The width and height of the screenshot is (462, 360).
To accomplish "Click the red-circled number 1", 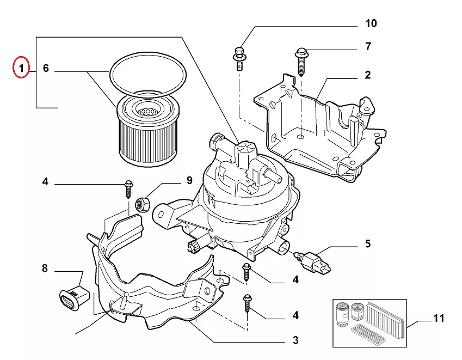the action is (21, 68).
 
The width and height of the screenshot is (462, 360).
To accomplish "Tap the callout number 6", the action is (46, 68).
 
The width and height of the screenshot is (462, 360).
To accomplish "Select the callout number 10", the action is (371, 23).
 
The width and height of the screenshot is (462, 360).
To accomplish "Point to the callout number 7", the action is (368, 46).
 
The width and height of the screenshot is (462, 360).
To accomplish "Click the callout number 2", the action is (368, 75).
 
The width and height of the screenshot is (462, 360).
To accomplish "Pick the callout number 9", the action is (189, 180).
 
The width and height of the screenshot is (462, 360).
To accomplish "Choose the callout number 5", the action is (368, 243).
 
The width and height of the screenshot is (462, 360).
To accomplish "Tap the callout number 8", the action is (45, 269).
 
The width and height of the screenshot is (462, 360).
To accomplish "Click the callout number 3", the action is (296, 340).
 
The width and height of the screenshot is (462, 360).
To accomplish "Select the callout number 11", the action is (439, 318).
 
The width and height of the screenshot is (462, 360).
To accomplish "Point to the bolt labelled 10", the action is (239, 58).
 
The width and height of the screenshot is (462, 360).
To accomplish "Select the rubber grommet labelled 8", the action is (74, 298).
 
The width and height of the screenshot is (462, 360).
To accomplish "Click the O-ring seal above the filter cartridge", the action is (148, 74).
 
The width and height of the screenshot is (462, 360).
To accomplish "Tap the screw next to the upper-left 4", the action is (128, 188).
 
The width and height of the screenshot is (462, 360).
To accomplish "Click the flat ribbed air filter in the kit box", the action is (386, 314).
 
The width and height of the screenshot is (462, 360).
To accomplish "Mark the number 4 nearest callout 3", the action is (296, 315).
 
